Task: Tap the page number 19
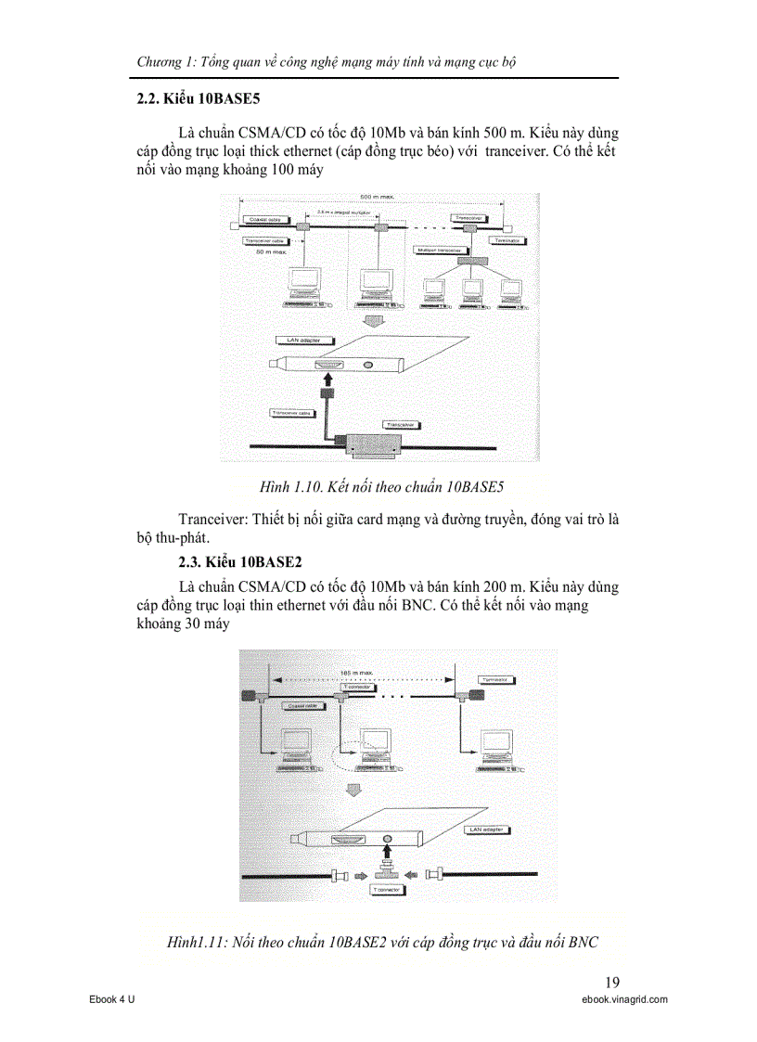tap(611, 983)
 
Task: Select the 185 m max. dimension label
tap(357, 671)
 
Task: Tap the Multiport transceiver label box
tap(440, 250)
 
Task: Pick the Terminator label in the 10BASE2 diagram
tap(498, 680)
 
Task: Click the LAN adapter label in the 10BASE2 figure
tap(488, 829)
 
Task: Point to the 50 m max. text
tap(274, 251)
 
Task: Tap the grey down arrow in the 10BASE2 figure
tap(353, 790)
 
